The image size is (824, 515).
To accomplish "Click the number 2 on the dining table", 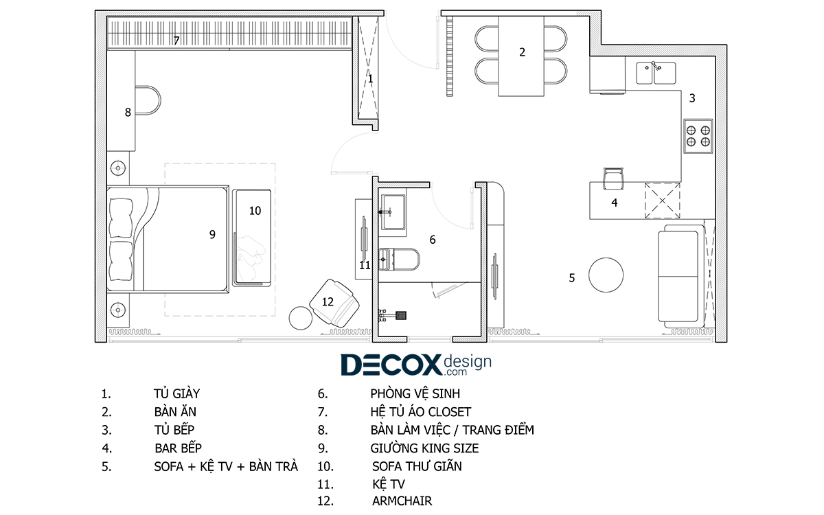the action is pyautogui.click(x=522, y=52).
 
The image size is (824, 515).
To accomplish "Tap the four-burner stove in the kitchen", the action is pyautogui.click(x=698, y=136).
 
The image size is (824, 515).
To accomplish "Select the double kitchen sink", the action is pyautogui.click(x=656, y=73).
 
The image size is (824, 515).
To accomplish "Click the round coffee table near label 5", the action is pyautogui.click(x=606, y=275).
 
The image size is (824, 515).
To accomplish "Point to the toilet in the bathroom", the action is pyautogui.click(x=399, y=260).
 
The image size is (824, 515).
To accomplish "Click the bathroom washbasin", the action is pyautogui.click(x=393, y=212).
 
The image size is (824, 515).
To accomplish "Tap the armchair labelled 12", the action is pyautogui.click(x=334, y=303).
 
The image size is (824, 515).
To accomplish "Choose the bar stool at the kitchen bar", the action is pyautogui.click(x=613, y=179).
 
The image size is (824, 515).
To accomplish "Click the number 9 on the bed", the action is pyautogui.click(x=212, y=234).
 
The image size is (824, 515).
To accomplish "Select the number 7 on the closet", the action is pyautogui.click(x=176, y=41).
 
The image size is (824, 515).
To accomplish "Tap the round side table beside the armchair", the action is pyautogui.click(x=301, y=318).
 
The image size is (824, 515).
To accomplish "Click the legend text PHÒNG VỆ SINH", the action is pyautogui.click(x=415, y=393).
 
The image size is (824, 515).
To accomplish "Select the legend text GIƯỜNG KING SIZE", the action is pyautogui.click(x=424, y=448).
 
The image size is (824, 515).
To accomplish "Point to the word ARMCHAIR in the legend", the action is pyautogui.click(x=402, y=501).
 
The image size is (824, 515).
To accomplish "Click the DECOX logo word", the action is pyautogui.click(x=391, y=365).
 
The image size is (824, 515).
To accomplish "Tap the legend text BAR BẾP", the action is pyautogui.click(x=178, y=448).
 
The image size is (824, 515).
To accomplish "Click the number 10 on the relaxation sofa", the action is pyautogui.click(x=255, y=211).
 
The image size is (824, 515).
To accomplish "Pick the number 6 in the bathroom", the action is pyautogui.click(x=433, y=240).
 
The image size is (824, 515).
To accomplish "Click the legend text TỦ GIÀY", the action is pyautogui.click(x=176, y=393).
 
